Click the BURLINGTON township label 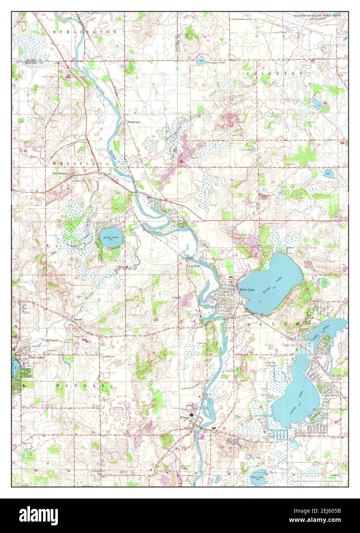(x=85, y=31)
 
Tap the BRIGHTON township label (x=275, y=73)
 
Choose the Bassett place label (x=79, y=319)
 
